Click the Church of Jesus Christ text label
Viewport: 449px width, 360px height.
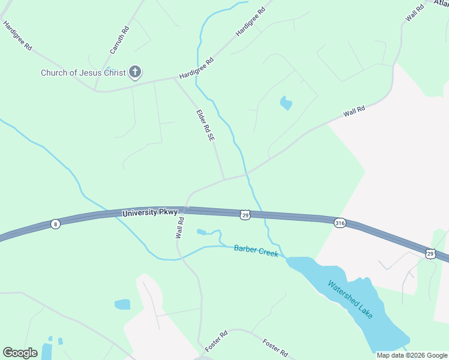coord(83,73)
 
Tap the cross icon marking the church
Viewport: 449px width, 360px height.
coord(135,73)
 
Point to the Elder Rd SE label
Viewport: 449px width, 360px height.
coord(205,125)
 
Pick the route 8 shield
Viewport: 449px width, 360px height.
coord(55,224)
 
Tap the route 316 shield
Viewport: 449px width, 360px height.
coord(340,223)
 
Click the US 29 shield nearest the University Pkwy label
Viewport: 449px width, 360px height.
coord(244,215)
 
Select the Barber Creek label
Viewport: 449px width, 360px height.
coord(256,251)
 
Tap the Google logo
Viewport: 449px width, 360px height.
coord(20,353)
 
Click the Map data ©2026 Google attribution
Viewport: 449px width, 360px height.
coord(411,355)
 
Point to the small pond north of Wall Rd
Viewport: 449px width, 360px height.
coord(286,103)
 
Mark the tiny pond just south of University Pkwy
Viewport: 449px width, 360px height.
coord(201,232)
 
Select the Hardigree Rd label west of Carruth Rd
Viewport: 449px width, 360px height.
coord(17,35)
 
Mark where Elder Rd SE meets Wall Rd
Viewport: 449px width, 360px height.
coord(224,179)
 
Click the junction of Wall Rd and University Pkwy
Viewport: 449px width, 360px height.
coord(185,208)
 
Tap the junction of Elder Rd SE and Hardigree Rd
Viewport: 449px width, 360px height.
coord(174,78)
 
